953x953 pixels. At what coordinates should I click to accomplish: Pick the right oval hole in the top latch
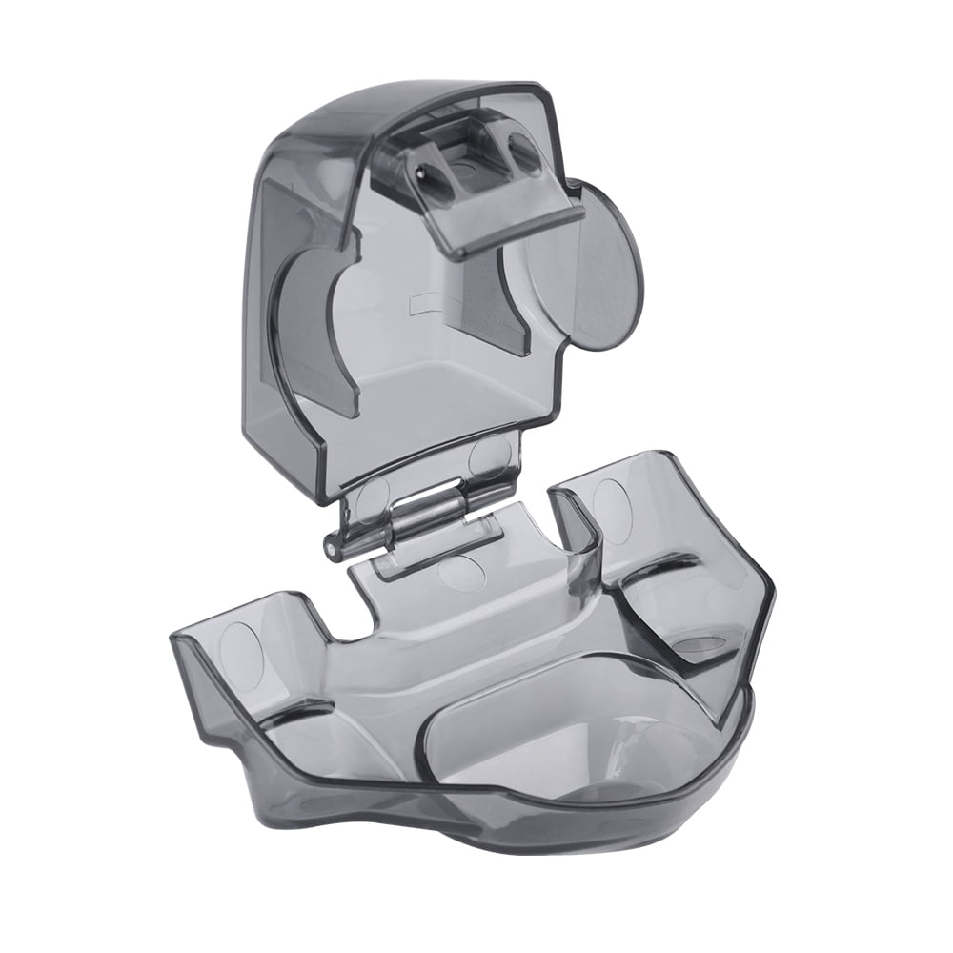coord(523,152)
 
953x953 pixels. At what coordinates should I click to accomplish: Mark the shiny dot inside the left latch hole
coord(420,172)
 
